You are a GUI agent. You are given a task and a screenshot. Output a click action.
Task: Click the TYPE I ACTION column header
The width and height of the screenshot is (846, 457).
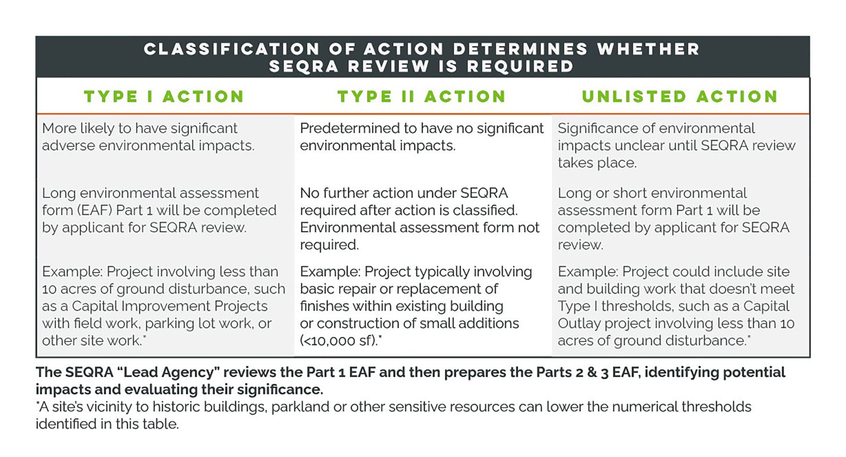[x=164, y=97]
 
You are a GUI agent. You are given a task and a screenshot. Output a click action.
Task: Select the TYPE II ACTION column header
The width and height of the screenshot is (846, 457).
[x=422, y=97]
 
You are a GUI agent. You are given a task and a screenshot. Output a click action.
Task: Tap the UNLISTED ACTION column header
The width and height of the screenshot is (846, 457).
[x=680, y=97]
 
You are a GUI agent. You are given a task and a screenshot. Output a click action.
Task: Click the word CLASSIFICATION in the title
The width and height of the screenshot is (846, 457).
[x=232, y=49]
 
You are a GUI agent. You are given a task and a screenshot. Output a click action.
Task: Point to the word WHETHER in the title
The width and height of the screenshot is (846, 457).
[x=648, y=49]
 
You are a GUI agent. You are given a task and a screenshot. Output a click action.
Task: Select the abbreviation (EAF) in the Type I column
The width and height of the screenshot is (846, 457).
[x=95, y=210]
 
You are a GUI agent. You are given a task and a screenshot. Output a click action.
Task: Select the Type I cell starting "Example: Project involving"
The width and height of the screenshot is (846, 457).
[x=164, y=306]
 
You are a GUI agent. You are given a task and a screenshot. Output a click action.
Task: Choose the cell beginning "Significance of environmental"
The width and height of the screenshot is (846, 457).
[x=676, y=145]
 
